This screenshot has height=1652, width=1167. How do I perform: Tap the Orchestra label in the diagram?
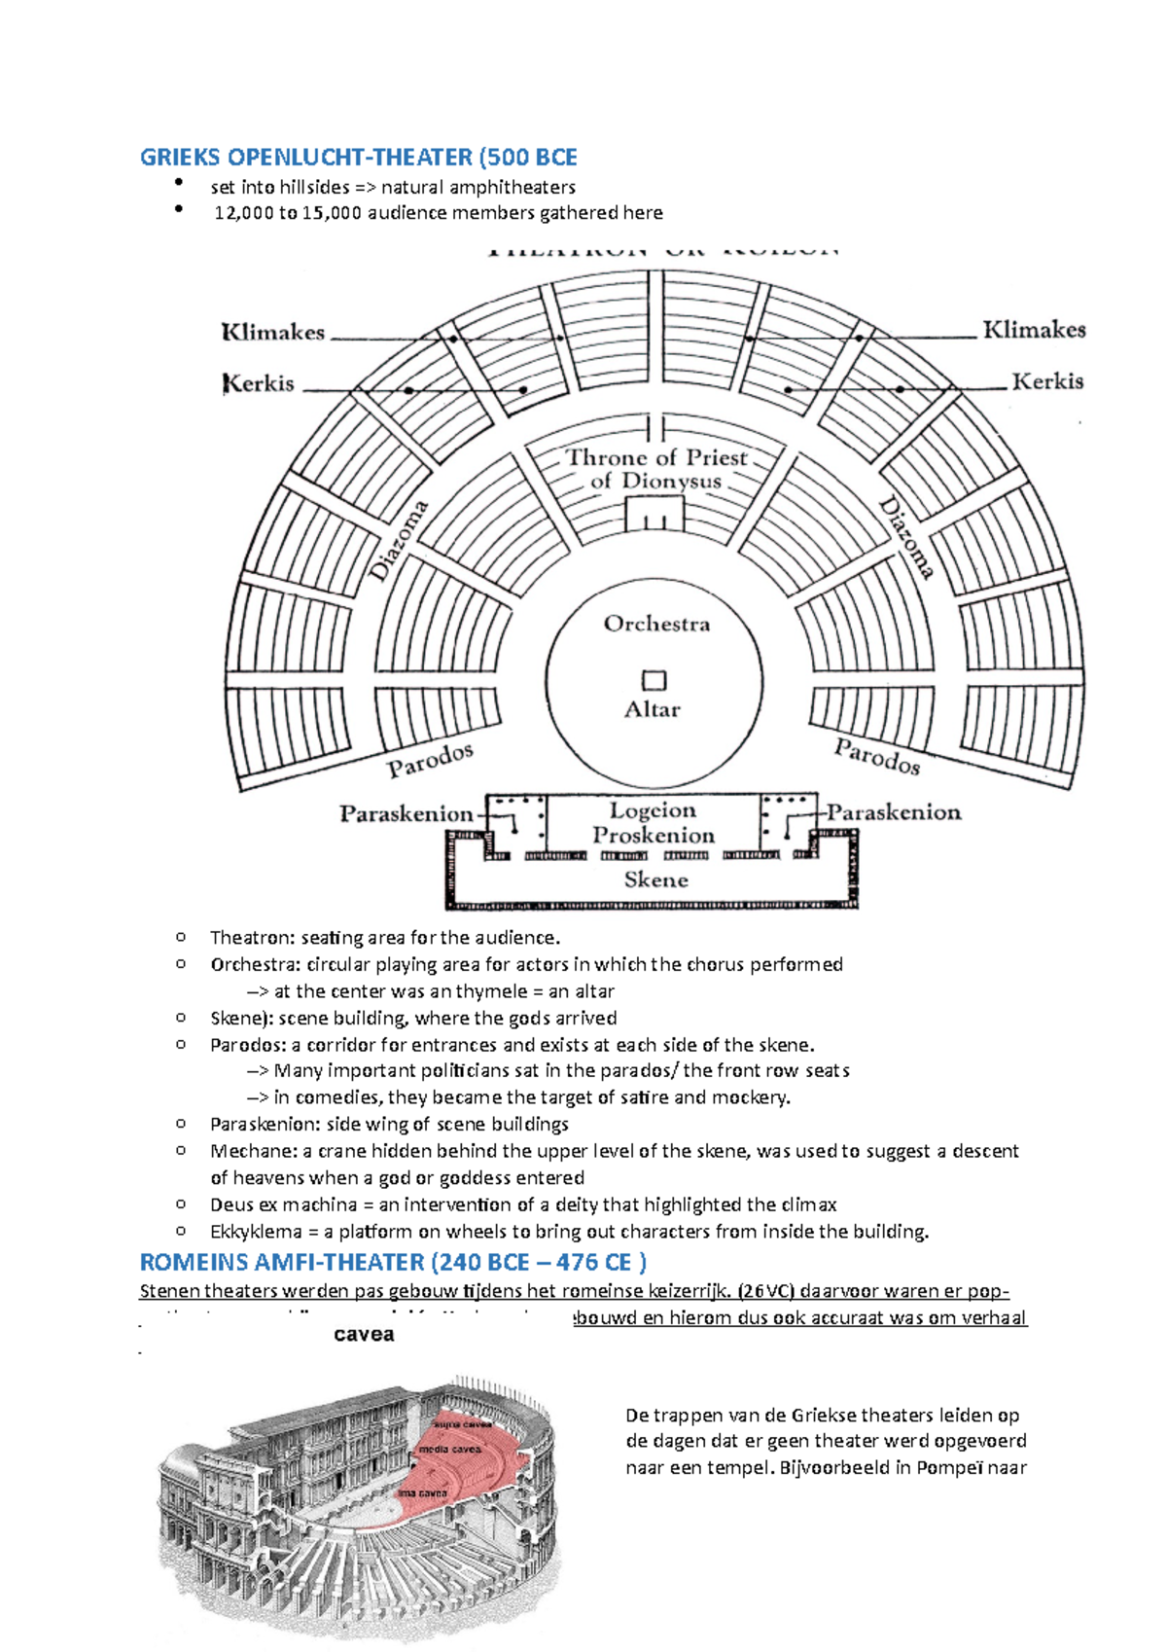tap(656, 624)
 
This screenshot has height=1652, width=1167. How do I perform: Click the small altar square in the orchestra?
tap(654, 680)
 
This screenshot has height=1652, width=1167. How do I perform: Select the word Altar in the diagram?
tap(652, 709)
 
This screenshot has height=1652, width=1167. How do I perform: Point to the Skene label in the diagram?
tap(655, 880)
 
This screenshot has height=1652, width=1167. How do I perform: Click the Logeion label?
tap(653, 810)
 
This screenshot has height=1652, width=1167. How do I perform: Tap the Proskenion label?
tap(654, 835)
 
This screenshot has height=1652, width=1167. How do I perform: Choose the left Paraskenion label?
tap(406, 813)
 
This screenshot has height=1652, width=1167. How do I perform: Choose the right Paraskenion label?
tap(894, 812)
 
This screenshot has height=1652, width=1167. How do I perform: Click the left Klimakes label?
tap(273, 332)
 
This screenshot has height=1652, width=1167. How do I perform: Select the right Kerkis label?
tap(1047, 381)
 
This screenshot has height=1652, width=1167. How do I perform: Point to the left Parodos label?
tap(430, 760)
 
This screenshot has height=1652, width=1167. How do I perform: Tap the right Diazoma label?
tap(906, 537)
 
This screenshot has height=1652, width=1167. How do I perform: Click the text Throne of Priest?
tap(656, 457)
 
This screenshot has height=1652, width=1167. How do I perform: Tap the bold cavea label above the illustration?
tap(364, 1335)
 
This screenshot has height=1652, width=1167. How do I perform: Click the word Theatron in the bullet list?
tap(250, 938)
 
